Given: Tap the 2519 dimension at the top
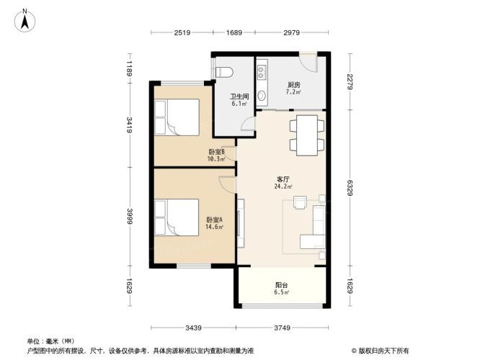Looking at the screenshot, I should (181, 32).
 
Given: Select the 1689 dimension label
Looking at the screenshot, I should (234, 32).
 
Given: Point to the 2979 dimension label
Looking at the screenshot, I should (291, 32).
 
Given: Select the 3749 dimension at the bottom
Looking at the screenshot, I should (282, 328).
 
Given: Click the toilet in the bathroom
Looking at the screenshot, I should (223, 72).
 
